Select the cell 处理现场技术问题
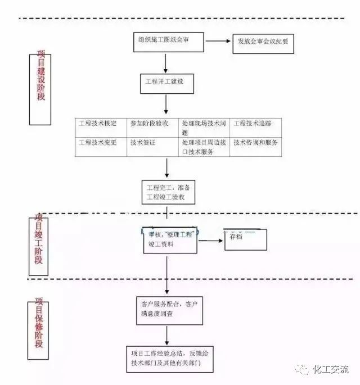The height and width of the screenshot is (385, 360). click(x=204, y=128)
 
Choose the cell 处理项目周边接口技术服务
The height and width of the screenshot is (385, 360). click(x=204, y=147)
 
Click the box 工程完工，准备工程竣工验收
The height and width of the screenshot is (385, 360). click(x=169, y=192)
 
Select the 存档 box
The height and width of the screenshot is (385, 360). click(x=245, y=239)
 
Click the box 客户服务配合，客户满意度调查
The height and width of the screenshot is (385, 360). click(x=169, y=309)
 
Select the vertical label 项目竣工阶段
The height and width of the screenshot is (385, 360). click(x=39, y=245)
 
